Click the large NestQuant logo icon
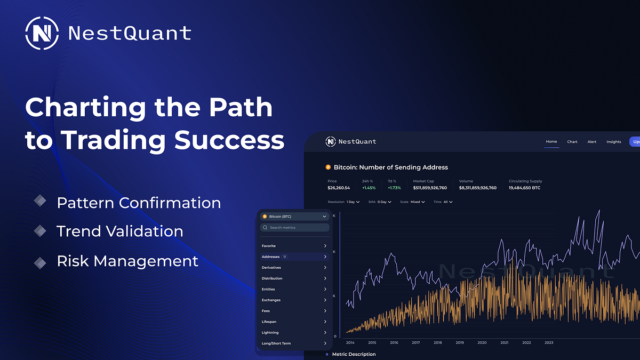point(42,33)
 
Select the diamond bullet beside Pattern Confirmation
point(40,201)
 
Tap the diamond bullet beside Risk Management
point(40,262)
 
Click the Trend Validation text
point(119,231)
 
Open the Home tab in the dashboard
point(551,142)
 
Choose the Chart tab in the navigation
point(572,142)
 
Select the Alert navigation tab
point(592,142)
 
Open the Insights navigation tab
point(614,142)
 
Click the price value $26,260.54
point(339,188)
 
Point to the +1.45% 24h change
point(369,188)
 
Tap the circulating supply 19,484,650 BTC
point(524,188)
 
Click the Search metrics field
point(294,228)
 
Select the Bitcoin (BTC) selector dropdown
point(294,217)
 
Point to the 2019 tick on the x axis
point(460,343)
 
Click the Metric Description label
point(354,354)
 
